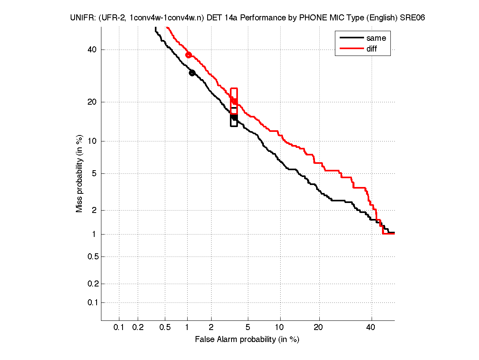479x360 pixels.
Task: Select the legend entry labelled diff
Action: click(372, 49)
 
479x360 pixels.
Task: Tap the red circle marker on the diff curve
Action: click(189, 55)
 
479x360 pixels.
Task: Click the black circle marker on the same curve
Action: click(192, 73)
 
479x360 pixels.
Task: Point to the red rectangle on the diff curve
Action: click(234, 101)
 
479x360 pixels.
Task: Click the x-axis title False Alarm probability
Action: click(247, 340)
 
